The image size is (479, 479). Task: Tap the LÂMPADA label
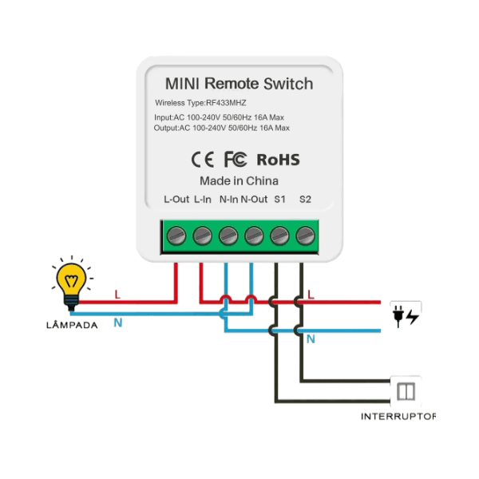pos(72,325)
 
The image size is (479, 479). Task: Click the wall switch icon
pos(405,391)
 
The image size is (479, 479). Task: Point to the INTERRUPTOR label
pos(398,417)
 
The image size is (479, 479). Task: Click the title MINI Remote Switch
pos(239,84)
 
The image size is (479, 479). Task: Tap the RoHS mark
pos(278,159)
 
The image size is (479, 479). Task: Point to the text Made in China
pos(239,180)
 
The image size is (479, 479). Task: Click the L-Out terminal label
pos(176,199)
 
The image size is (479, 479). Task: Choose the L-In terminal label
pos(203,199)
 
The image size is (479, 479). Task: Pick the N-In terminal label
pos(228,199)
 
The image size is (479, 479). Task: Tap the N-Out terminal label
pos(255,199)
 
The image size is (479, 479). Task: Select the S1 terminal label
pos(280,199)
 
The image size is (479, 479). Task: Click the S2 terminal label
pos(305,199)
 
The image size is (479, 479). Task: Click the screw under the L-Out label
pos(176,236)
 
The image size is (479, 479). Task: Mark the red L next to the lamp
pos(117,295)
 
